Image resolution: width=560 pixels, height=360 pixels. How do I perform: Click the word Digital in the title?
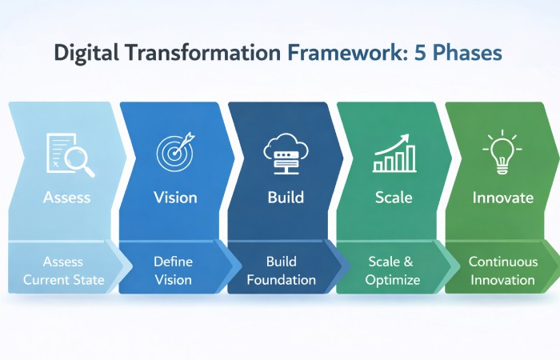[84, 53]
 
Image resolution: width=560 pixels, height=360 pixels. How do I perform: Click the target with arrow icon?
[174, 152]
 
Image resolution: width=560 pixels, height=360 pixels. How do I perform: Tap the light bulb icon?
[502, 152]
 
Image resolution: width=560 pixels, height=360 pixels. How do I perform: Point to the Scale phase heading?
[393, 198]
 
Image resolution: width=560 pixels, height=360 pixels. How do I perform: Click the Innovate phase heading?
[502, 198]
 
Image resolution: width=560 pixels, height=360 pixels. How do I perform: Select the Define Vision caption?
[174, 270]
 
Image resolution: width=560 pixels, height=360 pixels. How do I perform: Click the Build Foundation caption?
[281, 270]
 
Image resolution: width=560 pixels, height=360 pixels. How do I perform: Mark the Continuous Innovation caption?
[502, 270]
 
